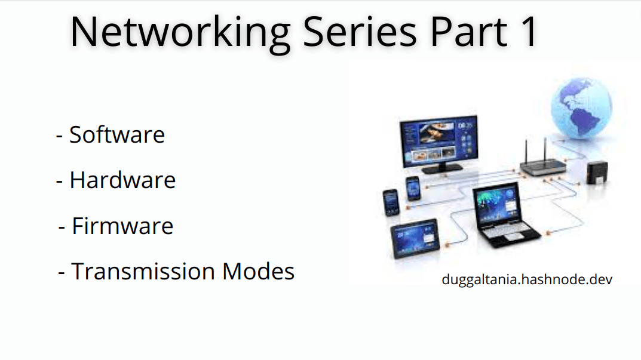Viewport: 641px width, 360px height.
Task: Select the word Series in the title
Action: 360,32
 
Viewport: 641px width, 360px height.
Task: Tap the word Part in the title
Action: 468,32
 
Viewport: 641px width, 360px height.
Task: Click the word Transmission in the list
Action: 143,271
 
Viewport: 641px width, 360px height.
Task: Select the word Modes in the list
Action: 258,271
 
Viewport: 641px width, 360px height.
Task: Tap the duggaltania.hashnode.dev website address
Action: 527,279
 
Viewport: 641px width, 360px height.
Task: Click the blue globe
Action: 581,108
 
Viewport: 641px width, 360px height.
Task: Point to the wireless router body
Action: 543,167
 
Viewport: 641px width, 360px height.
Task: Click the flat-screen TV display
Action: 438,141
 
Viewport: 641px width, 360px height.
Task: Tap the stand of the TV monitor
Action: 442,168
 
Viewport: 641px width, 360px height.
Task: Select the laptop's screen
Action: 496,204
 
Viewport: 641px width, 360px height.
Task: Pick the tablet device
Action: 415,238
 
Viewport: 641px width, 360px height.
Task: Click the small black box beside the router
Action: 597,173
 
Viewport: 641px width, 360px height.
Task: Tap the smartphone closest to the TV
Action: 413,189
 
